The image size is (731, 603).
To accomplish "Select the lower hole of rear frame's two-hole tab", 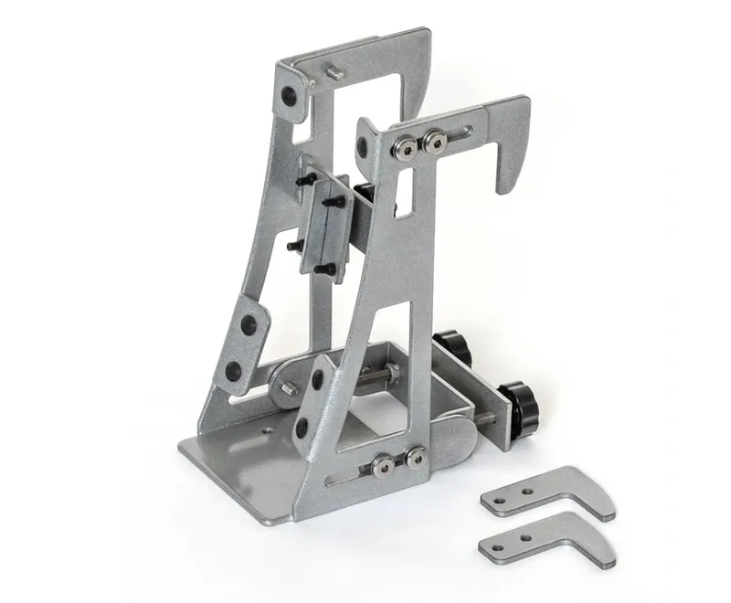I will (x=233, y=370).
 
